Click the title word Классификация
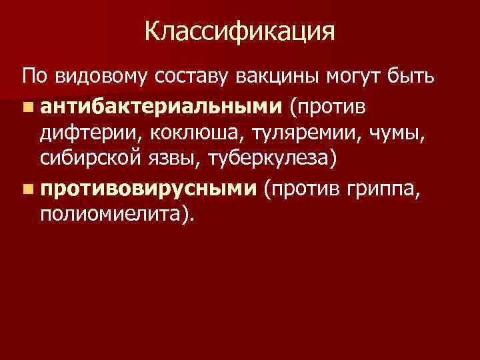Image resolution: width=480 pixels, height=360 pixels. pos(239,31)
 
